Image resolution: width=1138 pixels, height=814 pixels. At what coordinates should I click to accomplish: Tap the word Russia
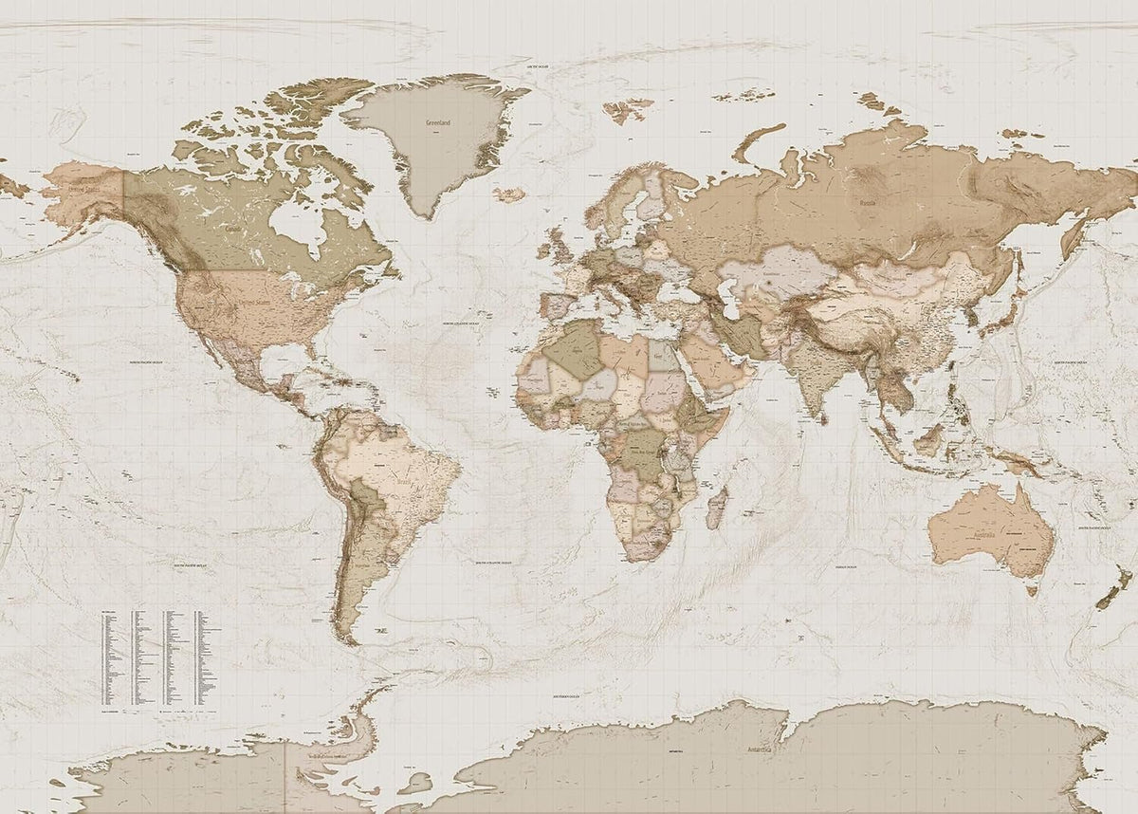tap(868, 202)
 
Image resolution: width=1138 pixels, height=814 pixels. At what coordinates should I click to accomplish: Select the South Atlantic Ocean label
tap(495, 562)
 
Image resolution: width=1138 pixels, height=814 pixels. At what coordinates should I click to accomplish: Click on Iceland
tap(509, 194)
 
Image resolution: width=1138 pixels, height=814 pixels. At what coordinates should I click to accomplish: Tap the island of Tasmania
tap(1031, 589)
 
